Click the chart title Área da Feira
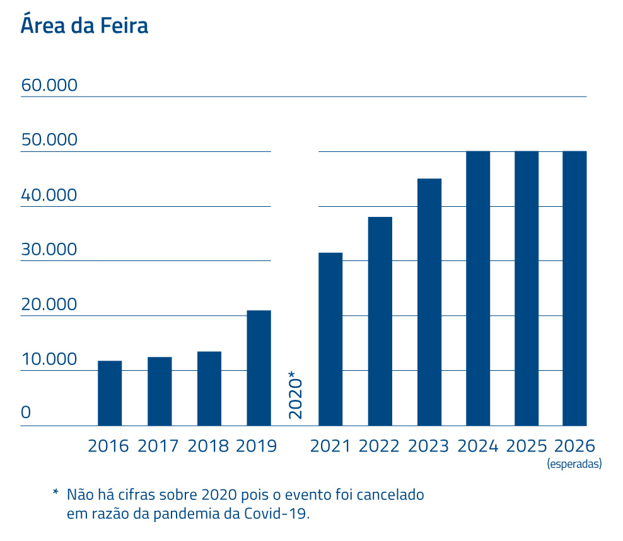point(84,26)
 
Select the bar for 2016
point(110,393)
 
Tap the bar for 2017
point(160,391)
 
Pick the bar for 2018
point(209,388)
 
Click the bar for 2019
point(259,368)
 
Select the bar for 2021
point(330,339)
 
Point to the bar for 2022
point(380,321)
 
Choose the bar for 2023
point(429,302)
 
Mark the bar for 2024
point(478,288)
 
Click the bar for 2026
point(574,288)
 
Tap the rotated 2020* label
point(295,395)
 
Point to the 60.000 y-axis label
point(49,85)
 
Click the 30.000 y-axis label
point(49,250)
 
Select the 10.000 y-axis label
point(49,359)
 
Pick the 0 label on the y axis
point(26,413)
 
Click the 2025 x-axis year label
point(526,446)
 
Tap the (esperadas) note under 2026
point(574,464)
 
